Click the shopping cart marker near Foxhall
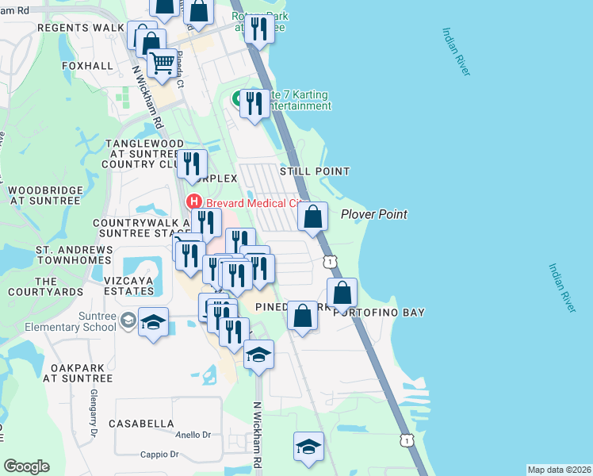163,62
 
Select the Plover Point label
374,214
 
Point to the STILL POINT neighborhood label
315,171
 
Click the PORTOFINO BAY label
370,312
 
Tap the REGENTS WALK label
76,28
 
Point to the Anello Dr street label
193,435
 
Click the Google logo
26,466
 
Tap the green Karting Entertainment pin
237,99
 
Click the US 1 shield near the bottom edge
406,440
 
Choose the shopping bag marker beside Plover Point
313,216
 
